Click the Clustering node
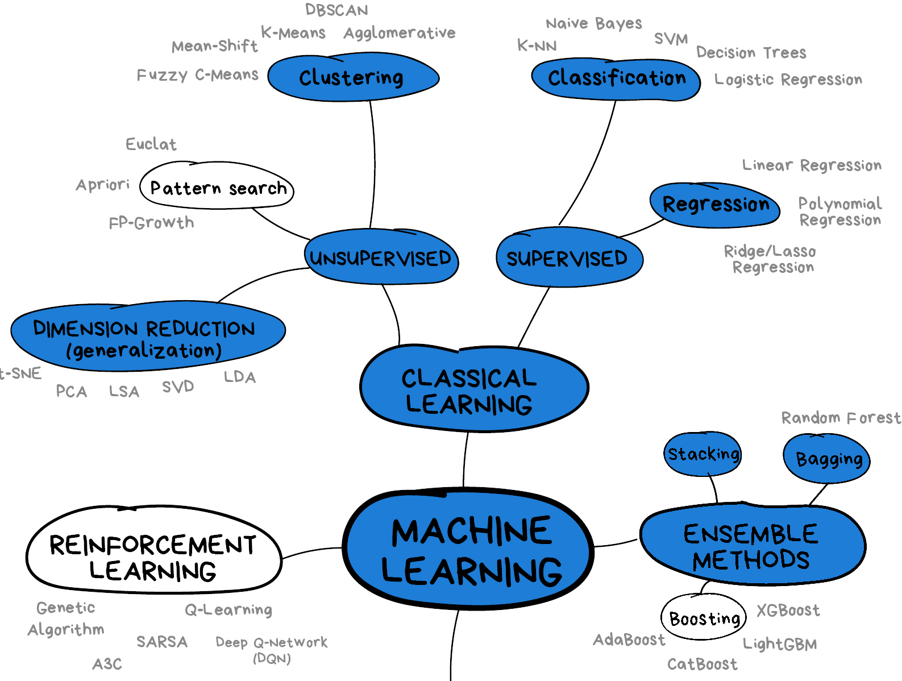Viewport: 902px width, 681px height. click(352, 78)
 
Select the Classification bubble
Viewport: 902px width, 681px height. click(616, 79)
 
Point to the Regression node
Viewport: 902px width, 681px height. click(715, 205)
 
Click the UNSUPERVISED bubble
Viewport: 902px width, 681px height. click(380, 258)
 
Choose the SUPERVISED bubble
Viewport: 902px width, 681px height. click(568, 258)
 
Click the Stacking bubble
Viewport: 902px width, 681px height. click(703, 454)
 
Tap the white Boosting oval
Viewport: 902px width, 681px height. click(704, 618)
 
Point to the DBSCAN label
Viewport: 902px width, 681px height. click(336, 10)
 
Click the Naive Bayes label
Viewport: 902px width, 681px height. click(593, 23)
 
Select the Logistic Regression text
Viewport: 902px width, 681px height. click(788, 80)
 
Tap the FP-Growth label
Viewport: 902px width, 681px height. click(151, 223)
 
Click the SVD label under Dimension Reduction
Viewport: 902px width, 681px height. click(178, 387)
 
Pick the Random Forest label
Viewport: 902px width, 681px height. click(840, 418)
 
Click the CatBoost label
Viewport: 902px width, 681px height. click(702, 664)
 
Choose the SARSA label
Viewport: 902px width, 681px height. click(162, 642)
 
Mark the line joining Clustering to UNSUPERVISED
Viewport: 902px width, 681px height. click(374, 165)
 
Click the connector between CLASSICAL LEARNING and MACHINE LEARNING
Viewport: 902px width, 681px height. click(465, 459)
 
